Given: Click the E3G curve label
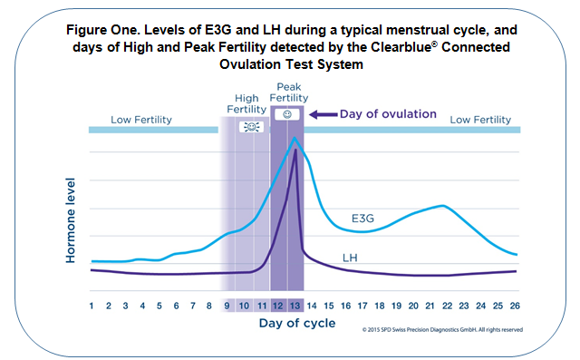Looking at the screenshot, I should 363,219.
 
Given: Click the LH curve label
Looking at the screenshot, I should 350,258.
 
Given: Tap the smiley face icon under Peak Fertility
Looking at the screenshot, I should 287,114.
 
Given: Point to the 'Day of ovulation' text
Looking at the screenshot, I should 388,114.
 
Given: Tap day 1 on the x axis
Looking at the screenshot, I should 92,306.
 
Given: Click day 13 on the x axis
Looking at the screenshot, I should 295,306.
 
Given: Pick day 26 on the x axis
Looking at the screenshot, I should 515,306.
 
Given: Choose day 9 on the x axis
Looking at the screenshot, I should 227,306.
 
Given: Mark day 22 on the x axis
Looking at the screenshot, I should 447,306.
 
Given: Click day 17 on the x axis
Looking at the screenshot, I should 362,306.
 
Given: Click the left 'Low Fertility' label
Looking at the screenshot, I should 141,119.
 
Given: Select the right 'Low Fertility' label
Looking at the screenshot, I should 481,119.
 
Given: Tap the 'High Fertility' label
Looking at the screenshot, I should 246,103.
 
